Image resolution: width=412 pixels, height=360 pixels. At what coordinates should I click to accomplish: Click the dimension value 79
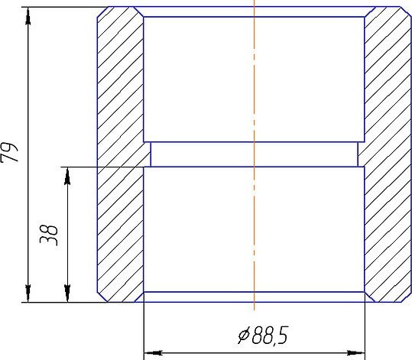tap(9, 152)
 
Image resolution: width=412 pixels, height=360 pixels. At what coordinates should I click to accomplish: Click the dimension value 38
tap(49, 235)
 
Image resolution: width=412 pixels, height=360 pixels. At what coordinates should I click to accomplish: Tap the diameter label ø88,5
tap(263, 336)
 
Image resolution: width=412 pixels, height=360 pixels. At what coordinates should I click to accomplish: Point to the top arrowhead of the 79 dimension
tap(28, 16)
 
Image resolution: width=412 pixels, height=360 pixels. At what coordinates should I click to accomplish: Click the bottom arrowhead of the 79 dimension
tap(28, 294)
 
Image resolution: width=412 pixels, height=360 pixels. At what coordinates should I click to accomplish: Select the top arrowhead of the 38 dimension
tap(67, 176)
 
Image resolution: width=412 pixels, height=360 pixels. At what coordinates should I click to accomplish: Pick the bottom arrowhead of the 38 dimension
tap(67, 294)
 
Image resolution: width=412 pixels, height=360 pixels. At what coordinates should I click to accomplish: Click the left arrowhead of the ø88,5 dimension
tap(153, 352)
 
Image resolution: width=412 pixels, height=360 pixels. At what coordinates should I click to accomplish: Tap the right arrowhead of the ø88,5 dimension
tap(355, 352)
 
